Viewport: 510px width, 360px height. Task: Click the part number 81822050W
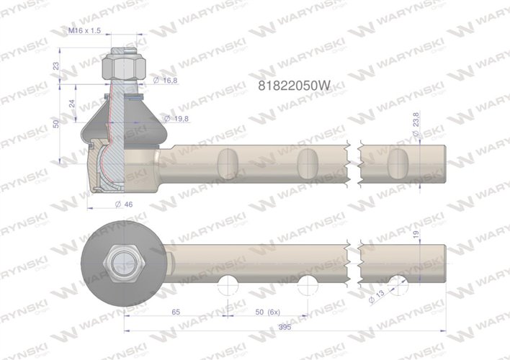tap(294, 84)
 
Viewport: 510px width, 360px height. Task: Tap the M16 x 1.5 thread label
tap(84, 31)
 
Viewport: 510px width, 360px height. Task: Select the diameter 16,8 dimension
tap(166, 81)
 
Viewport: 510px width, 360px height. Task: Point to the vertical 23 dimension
tap(56, 66)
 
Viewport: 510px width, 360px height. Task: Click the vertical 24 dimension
tap(71, 102)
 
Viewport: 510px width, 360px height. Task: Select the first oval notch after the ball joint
tap(227, 161)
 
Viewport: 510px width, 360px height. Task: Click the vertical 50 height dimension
tap(56, 125)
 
